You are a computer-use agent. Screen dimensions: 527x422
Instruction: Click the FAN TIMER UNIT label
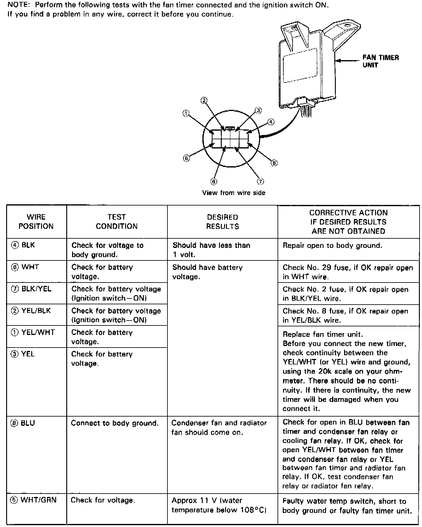(380, 61)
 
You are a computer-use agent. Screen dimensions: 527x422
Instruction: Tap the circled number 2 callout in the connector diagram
(204, 100)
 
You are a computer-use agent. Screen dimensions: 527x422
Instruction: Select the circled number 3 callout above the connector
(258, 110)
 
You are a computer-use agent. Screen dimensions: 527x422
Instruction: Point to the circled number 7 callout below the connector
(260, 182)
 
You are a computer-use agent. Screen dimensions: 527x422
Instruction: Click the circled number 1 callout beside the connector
(186, 113)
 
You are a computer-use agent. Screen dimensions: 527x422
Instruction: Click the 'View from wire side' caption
(233, 193)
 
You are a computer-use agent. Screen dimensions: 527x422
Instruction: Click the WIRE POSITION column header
(36, 221)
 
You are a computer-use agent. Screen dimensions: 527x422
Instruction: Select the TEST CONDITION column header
(117, 221)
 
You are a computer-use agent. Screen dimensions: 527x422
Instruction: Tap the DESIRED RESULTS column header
(222, 221)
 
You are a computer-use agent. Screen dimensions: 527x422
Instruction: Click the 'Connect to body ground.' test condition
(115, 423)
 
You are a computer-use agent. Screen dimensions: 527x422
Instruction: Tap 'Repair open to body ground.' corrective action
(332, 245)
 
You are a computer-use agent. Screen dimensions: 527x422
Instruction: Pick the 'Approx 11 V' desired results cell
(219, 505)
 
